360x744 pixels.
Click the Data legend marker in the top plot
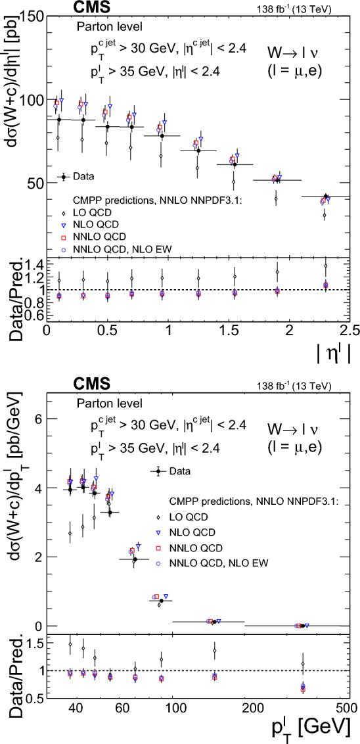click(63, 176)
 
